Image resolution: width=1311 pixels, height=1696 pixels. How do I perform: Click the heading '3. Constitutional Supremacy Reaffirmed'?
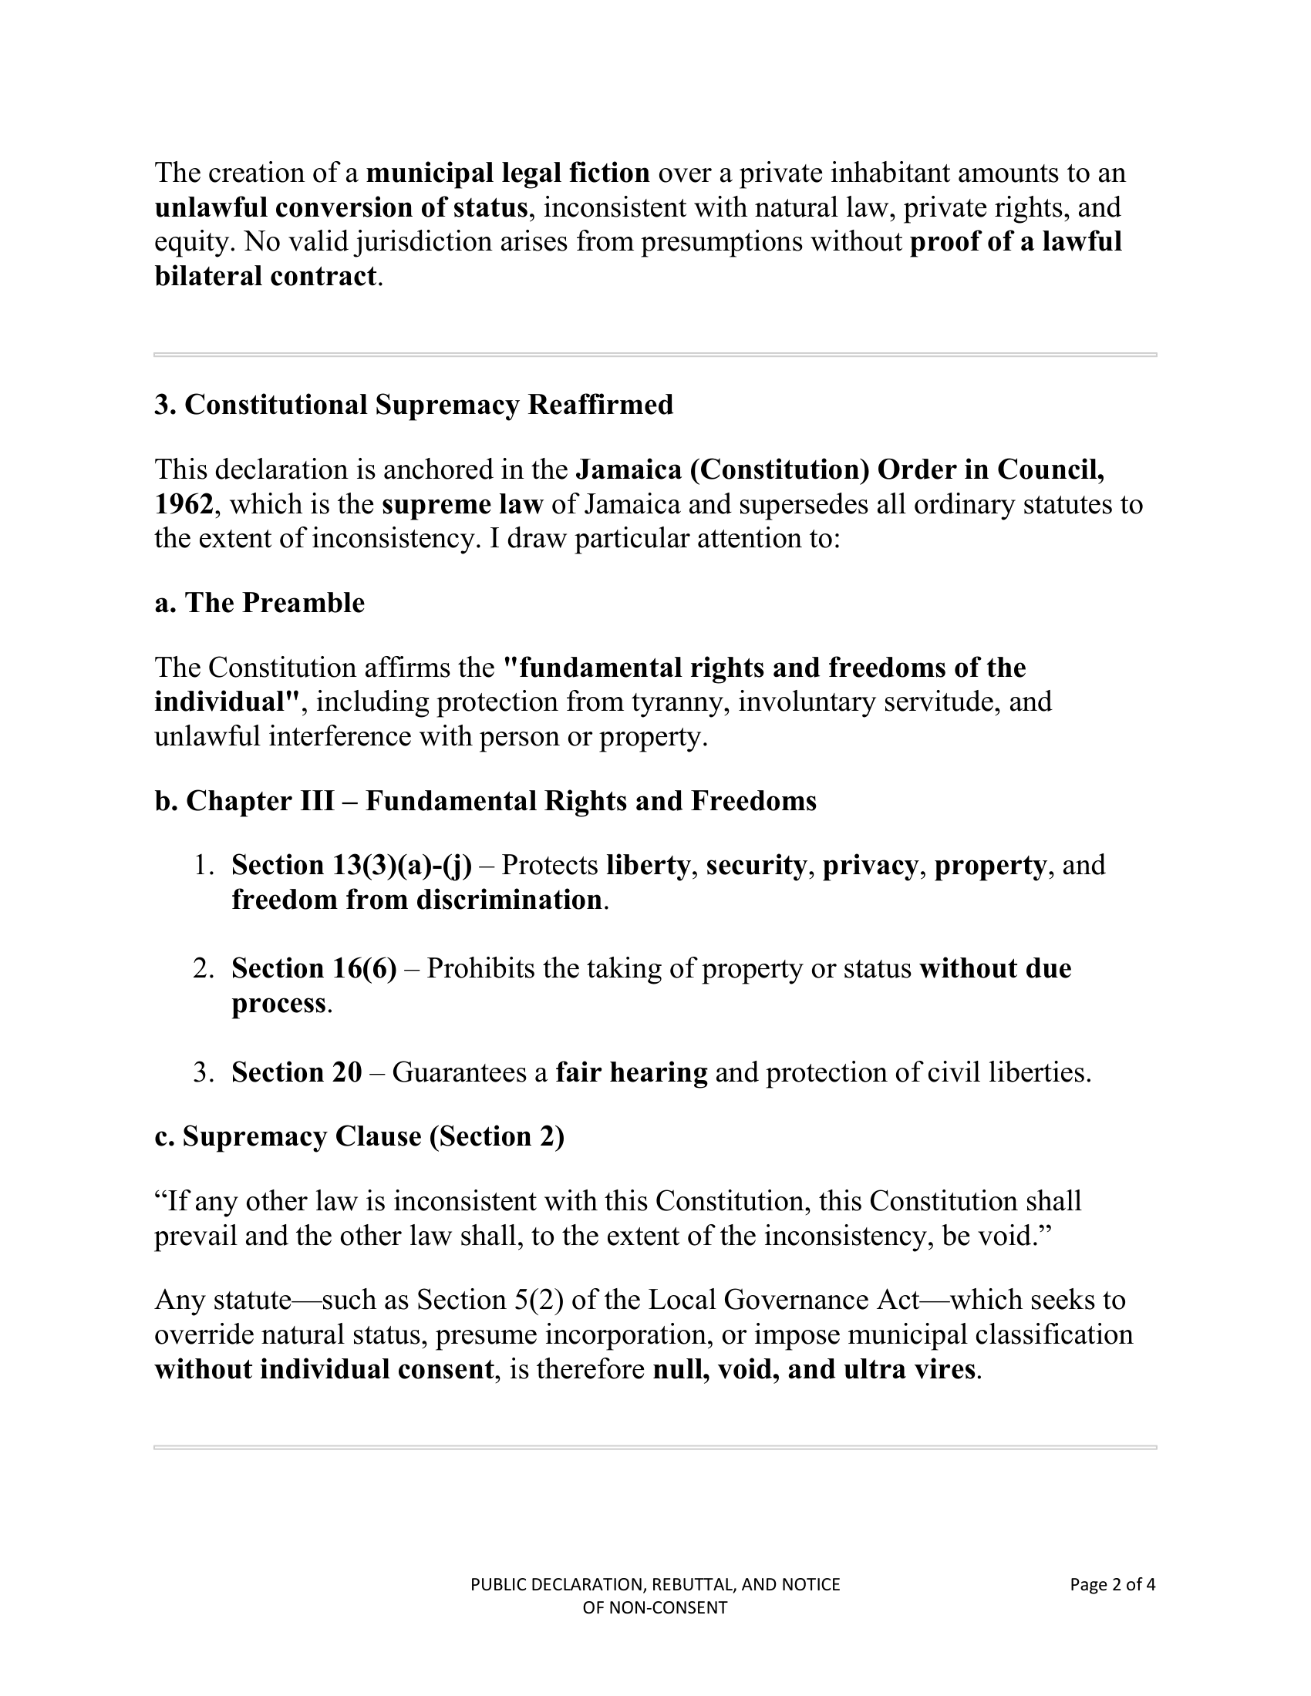[413, 405]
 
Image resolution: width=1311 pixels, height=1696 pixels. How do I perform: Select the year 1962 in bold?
[184, 504]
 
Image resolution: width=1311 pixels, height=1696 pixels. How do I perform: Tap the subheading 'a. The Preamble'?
[259, 603]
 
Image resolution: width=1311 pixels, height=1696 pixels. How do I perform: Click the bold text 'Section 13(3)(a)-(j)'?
[351, 865]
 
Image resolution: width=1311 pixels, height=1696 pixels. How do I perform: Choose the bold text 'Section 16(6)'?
[314, 968]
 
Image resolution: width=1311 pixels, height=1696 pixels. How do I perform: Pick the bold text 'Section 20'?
[297, 1072]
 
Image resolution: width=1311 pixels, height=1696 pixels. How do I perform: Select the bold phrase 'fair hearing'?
[632, 1072]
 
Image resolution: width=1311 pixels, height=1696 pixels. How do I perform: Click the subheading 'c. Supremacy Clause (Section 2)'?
[359, 1136]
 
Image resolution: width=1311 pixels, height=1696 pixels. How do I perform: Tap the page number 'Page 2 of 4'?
[1112, 1584]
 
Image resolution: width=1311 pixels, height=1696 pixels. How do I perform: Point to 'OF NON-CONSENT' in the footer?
[655, 1607]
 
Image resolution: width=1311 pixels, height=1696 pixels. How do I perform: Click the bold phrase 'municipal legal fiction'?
[508, 173]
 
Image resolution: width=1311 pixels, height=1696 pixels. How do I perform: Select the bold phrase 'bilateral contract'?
[265, 276]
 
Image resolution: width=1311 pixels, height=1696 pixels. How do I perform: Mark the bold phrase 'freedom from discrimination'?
[417, 899]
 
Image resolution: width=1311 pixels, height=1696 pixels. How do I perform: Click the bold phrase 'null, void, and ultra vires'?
[814, 1369]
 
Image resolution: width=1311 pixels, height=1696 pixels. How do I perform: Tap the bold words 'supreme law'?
[462, 504]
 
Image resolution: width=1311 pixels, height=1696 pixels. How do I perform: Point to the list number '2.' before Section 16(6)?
[204, 968]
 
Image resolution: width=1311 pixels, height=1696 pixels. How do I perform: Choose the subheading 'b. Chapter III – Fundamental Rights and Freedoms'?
[485, 801]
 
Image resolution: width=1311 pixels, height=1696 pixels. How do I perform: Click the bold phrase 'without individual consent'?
[324, 1369]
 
